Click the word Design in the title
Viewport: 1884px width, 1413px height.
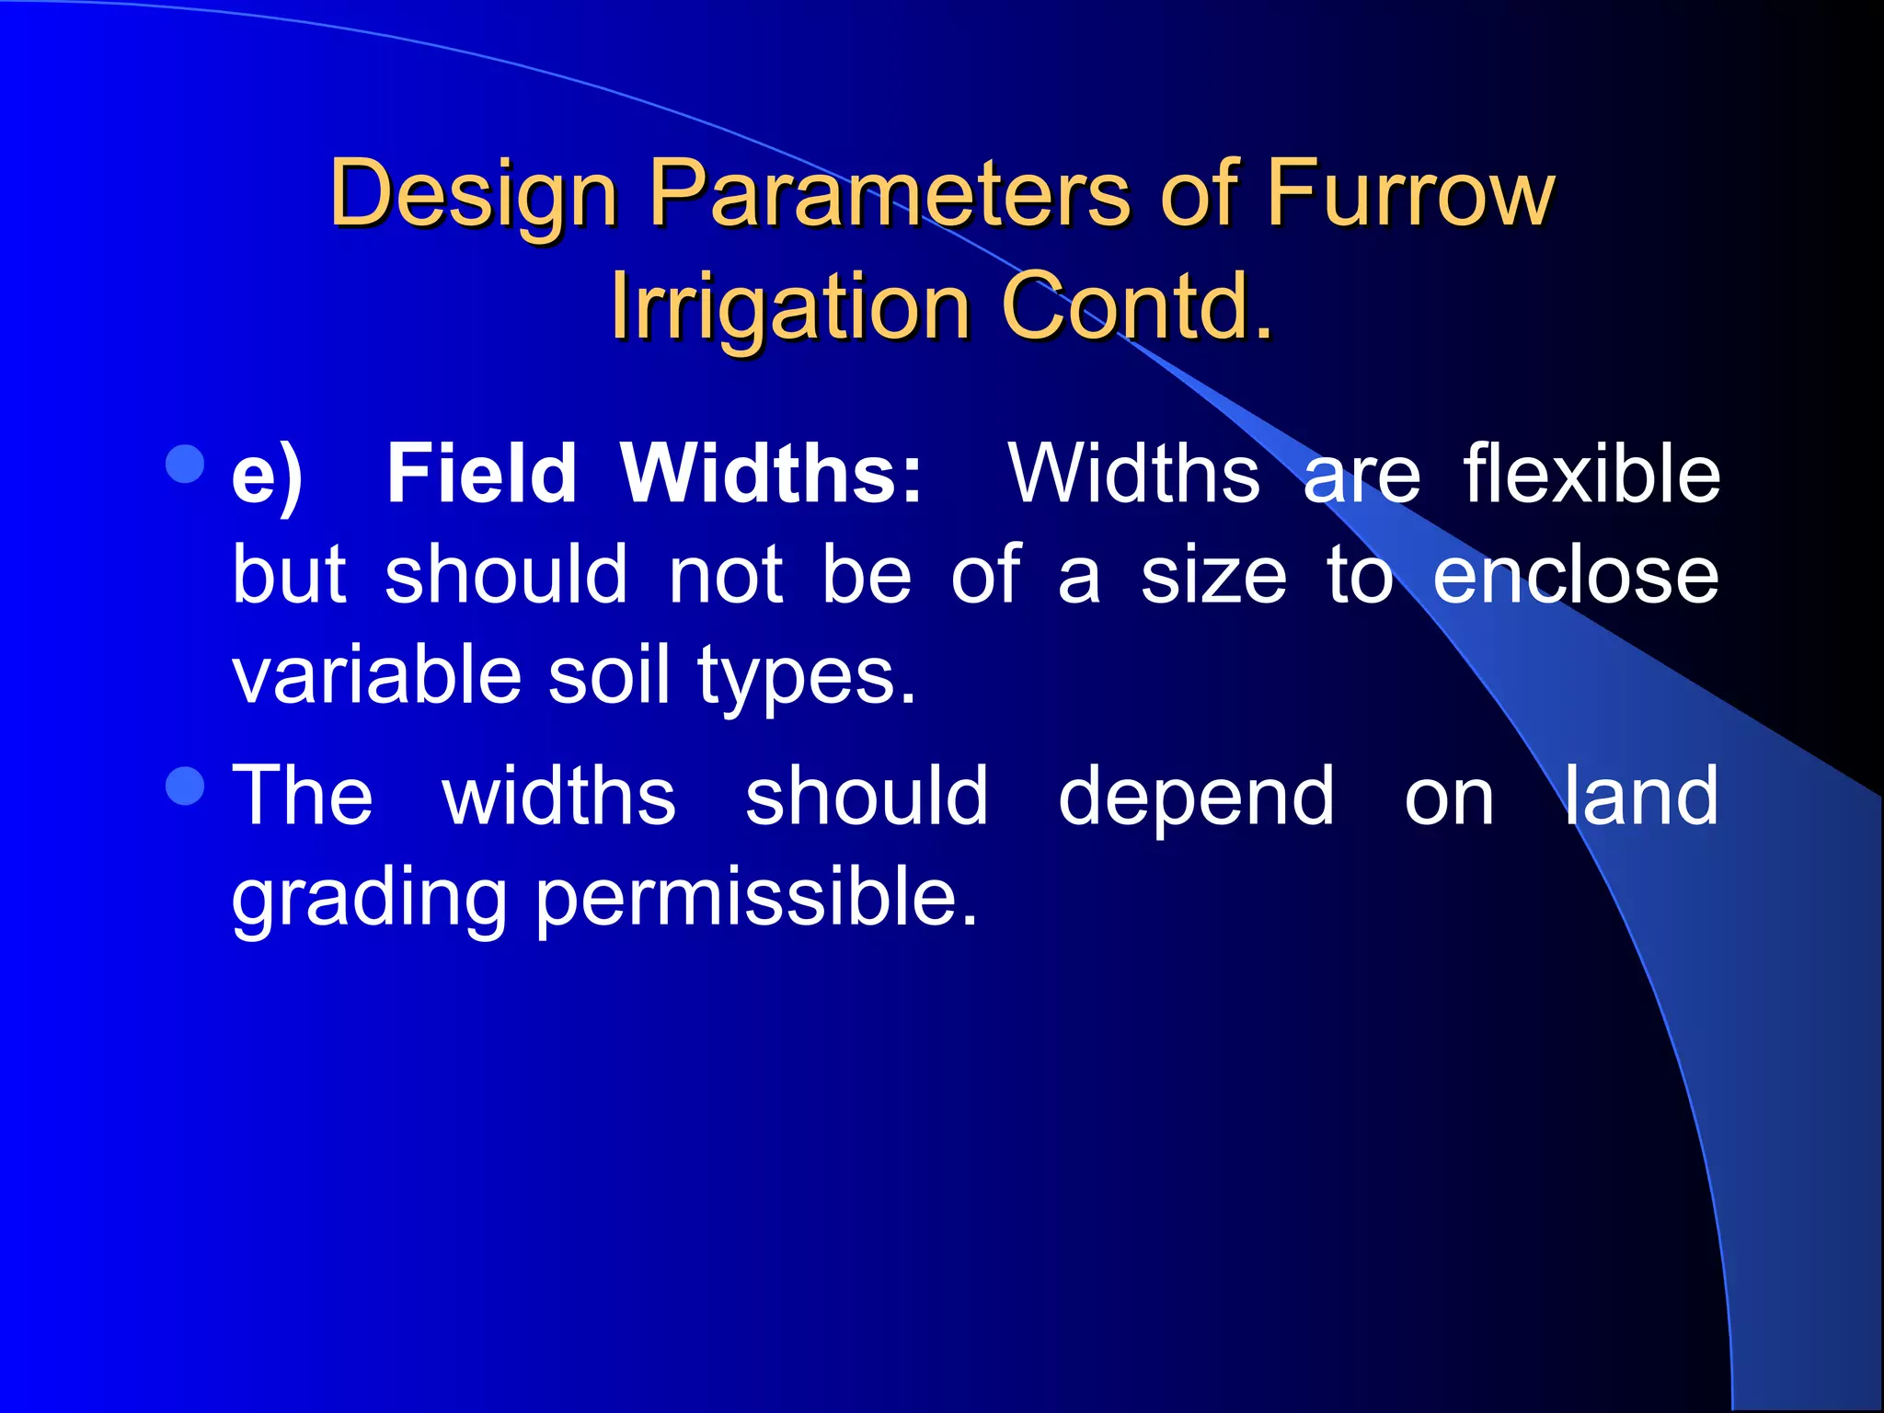(x=473, y=195)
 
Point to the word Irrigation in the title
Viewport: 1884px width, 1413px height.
(x=790, y=306)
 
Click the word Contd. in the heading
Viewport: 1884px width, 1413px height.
(x=1137, y=306)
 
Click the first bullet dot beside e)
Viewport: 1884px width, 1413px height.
(x=187, y=465)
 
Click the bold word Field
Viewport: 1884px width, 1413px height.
(x=481, y=474)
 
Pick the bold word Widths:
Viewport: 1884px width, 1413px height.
(x=771, y=474)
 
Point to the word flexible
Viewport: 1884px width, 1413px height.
(x=1591, y=474)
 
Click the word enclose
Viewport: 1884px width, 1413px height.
(x=1576, y=575)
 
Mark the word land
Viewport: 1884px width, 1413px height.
(x=1641, y=796)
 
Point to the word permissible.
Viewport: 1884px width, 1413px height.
(x=756, y=899)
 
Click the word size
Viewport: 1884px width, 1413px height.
(x=1213, y=575)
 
